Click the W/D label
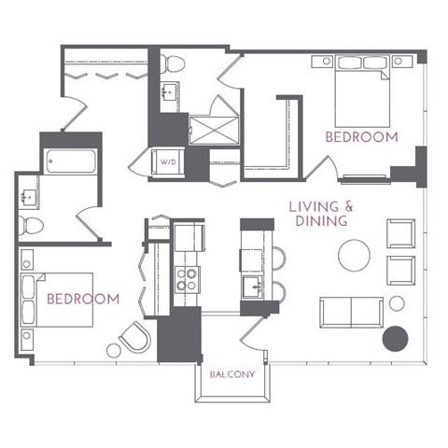[x=169, y=162]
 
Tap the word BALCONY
[x=230, y=373]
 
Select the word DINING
[x=319, y=221]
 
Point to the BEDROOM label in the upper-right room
[x=361, y=136]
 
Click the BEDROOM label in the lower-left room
[x=83, y=299]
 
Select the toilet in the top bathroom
[x=174, y=63]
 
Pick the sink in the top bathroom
[x=170, y=92]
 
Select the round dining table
[x=355, y=255]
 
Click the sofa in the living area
[x=350, y=312]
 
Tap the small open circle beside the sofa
[x=397, y=303]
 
